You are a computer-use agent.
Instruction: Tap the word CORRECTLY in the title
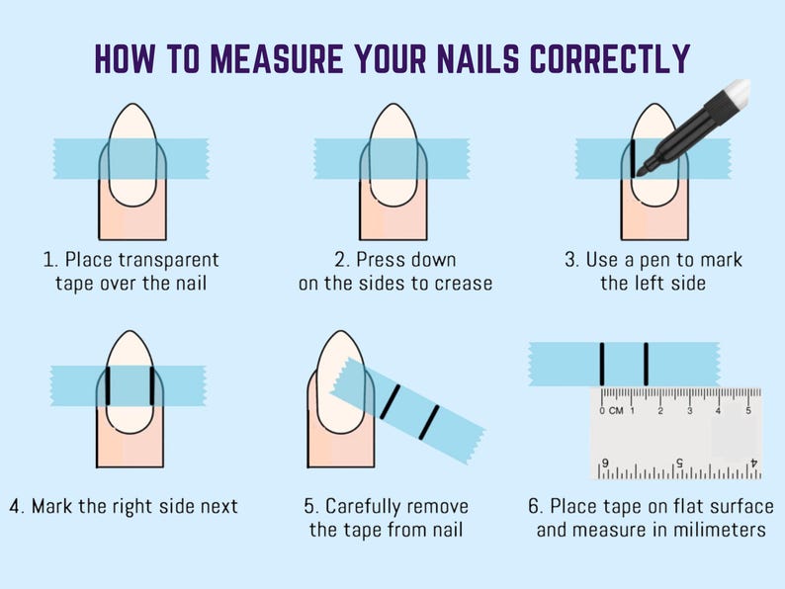coord(610,58)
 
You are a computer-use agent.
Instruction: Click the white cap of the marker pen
coord(736,91)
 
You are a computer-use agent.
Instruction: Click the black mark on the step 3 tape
coord(633,158)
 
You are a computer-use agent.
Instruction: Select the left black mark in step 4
coord(108,385)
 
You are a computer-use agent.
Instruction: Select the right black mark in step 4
coord(152,385)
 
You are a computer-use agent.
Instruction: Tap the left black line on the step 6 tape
coord(602,364)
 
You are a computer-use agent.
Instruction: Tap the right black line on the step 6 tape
coord(647,364)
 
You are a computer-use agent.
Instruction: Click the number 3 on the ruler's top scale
coord(689,411)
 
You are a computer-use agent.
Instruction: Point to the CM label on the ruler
coord(616,411)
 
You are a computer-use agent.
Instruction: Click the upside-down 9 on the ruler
coord(605,463)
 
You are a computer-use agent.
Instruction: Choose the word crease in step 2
coord(464,284)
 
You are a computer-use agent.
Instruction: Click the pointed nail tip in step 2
coord(393,105)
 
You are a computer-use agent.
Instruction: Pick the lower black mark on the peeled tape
coord(429,423)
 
